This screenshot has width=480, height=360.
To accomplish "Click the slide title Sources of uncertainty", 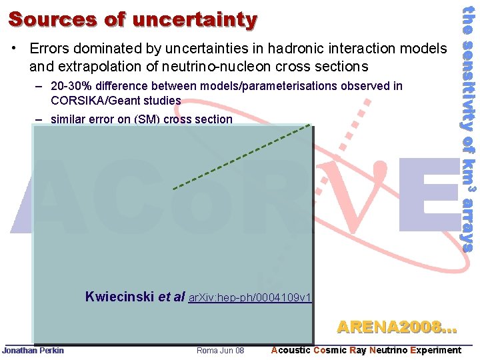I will pos(132,19).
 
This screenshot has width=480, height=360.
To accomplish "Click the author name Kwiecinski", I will pos(119,297).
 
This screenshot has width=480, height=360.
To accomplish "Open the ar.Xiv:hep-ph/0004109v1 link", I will pos(251,297).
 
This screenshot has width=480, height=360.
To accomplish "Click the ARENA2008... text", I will pos(397,327).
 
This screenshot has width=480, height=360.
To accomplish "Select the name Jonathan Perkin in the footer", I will pos(33,351).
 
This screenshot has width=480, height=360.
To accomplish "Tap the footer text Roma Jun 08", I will pos(220,351).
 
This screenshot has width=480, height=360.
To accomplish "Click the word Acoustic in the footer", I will pos(291,351).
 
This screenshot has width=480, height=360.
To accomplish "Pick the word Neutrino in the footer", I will pos(389,351).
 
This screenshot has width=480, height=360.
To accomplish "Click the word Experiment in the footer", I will pos(436,351).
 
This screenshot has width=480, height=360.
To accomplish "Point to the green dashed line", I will pos(240,157).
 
